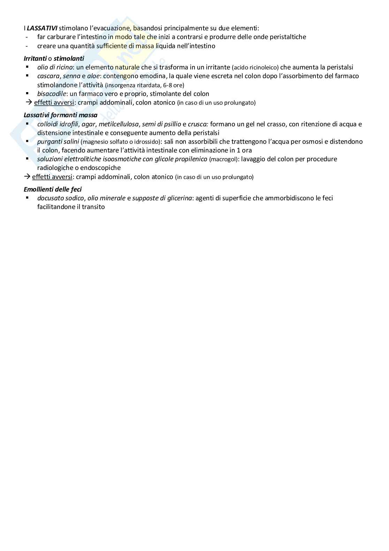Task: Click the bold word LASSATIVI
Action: point(42,28)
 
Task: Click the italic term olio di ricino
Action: point(55,67)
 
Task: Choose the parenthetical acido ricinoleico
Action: point(255,68)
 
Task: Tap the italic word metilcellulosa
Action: point(119,124)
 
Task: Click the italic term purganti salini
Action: point(58,142)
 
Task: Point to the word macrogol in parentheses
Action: point(223,159)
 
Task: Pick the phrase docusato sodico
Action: point(61,198)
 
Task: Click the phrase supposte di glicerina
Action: point(162,198)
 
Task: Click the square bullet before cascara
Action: point(27,75)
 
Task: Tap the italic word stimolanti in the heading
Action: point(69,59)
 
